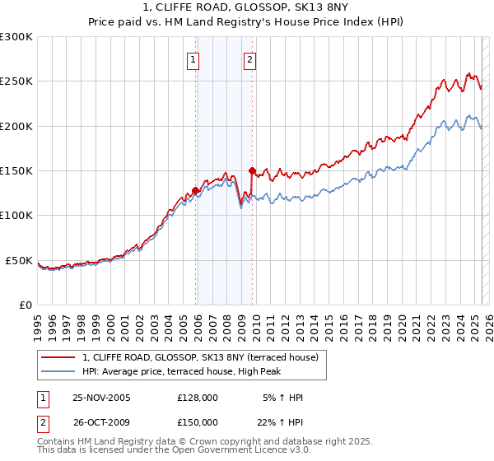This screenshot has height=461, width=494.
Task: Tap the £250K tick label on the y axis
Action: (16, 81)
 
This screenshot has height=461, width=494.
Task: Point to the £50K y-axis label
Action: (19, 260)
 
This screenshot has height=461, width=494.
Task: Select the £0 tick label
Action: (26, 305)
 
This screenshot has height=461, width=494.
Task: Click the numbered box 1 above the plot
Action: (193, 58)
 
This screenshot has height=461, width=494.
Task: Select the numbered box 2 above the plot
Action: (249, 58)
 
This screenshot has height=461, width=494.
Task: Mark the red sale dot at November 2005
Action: (195, 191)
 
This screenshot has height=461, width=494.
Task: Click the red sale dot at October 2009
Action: (252, 171)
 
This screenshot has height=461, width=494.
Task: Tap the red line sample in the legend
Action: (58, 357)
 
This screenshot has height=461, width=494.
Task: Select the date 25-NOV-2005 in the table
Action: (102, 398)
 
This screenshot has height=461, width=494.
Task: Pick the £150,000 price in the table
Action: (198, 421)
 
